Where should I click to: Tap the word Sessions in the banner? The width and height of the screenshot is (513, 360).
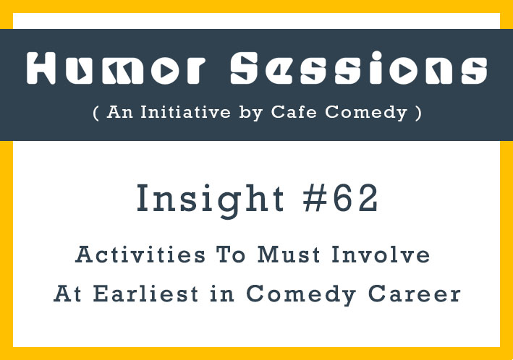point(359,68)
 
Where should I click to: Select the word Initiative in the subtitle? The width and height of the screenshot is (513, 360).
point(185,112)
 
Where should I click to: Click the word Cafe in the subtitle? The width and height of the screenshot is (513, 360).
point(294,112)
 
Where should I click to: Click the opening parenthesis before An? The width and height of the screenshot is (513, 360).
point(96,113)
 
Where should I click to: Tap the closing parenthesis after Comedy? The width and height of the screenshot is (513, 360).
point(418,113)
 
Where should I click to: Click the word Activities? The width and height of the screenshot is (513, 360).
point(140,254)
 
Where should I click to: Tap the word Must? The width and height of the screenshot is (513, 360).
point(289,254)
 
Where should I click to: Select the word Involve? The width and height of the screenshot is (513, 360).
point(381,254)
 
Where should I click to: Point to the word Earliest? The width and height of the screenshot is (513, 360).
point(145,293)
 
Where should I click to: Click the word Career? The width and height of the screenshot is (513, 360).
point(414,293)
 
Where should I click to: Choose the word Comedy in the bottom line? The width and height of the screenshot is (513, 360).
point(301,295)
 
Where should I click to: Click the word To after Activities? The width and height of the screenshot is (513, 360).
point(230,254)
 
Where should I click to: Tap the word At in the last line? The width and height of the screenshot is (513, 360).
point(67,293)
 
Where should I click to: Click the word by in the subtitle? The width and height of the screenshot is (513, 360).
point(251,113)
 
